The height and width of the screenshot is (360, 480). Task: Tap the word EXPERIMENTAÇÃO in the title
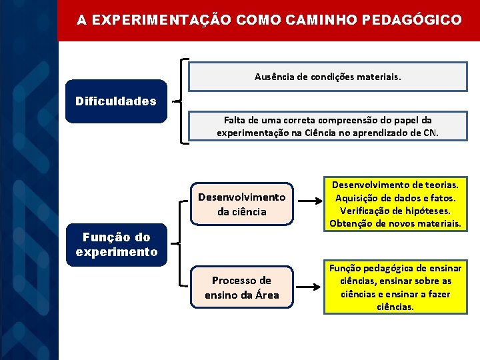click(x=161, y=21)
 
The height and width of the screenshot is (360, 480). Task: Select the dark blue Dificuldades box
click(x=116, y=101)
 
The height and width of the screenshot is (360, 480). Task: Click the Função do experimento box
click(x=116, y=244)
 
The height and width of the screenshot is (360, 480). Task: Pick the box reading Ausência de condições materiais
click(x=328, y=77)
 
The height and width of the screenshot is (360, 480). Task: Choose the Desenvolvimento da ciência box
click(x=241, y=204)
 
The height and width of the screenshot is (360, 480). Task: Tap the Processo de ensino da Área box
click(x=241, y=287)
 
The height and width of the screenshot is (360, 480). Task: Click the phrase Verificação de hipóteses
click(x=395, y=210)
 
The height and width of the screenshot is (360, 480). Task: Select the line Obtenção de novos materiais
click(x=395, y=223)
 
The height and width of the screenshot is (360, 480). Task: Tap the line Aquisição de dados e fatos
click(x=395, y=197)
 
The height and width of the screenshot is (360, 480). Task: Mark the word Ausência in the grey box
click(x=273, y=77)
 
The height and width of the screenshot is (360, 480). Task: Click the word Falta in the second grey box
click(x=235, y=119)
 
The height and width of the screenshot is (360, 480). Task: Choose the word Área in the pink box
click(x=266, y=294)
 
